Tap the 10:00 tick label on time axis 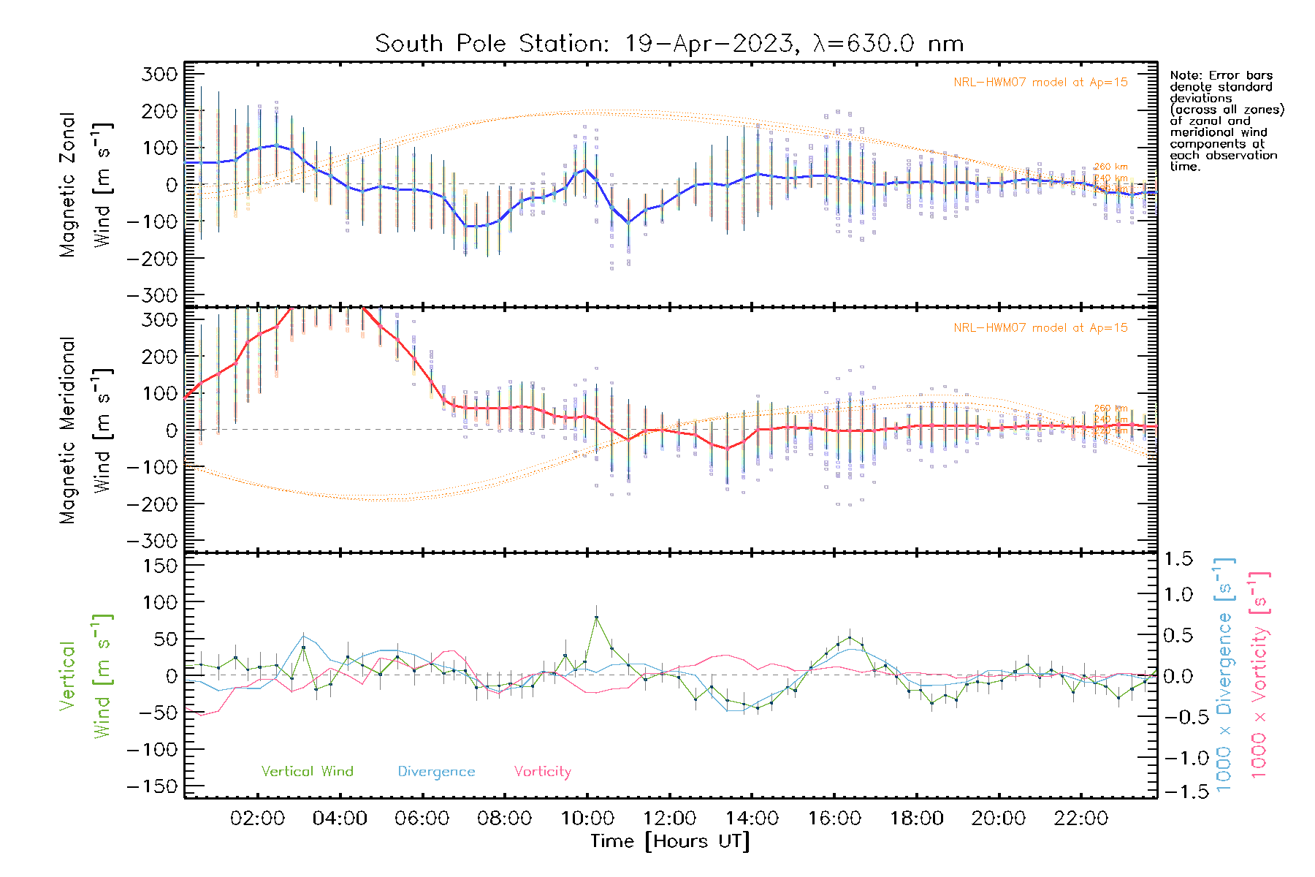[x=587, y=819]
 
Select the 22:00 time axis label [x=1080, y=819]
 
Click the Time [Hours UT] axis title [x=670, y=841]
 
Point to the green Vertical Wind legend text [x=307, y=771]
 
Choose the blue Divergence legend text [x=436, y=771]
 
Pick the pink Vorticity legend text [x=542, y=771]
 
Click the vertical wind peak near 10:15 [x=597, y=618]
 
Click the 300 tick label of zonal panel [x=160, y=74]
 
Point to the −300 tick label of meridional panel [x=153, y=541]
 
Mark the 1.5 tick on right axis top [x=1178, y=559]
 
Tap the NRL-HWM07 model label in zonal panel [x=1040, y=83]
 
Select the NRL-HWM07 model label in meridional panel [x=1040, y=328]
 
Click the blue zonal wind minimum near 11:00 [x=628, y=222]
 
